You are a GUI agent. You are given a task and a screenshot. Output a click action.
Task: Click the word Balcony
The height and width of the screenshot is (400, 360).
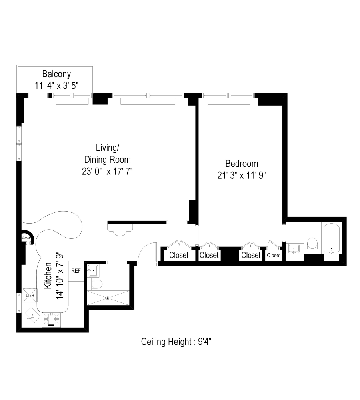pos(56,74)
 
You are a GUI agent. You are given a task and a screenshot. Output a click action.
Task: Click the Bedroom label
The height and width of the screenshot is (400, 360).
pos(242,164)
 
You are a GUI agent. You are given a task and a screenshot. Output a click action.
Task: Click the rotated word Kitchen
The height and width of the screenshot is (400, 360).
pos(48,276)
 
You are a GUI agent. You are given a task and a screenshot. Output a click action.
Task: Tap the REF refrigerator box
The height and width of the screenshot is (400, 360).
pos(76,271)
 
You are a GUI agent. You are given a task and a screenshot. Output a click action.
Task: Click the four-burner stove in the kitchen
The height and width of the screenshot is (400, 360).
pos(51,319)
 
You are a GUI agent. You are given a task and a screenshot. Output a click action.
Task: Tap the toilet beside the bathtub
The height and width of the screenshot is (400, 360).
pos(312,244)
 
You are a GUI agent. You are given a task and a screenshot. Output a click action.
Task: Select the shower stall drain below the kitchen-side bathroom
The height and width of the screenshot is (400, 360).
pos(108,298)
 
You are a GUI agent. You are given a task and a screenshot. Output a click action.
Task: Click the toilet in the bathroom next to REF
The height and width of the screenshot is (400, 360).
pos(96,284)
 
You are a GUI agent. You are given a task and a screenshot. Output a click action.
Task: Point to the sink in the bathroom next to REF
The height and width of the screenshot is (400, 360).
pos(93,271)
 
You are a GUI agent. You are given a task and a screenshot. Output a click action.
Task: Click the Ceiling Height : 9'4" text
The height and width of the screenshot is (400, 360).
pos(179,342)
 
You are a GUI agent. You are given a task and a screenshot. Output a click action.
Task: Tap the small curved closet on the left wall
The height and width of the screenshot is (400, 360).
pos(26,238)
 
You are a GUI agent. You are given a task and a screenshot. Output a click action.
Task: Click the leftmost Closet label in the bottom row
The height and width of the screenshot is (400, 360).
pos(179,255)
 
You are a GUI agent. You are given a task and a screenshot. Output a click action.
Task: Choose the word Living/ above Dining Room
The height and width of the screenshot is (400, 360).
pos(108,148)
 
